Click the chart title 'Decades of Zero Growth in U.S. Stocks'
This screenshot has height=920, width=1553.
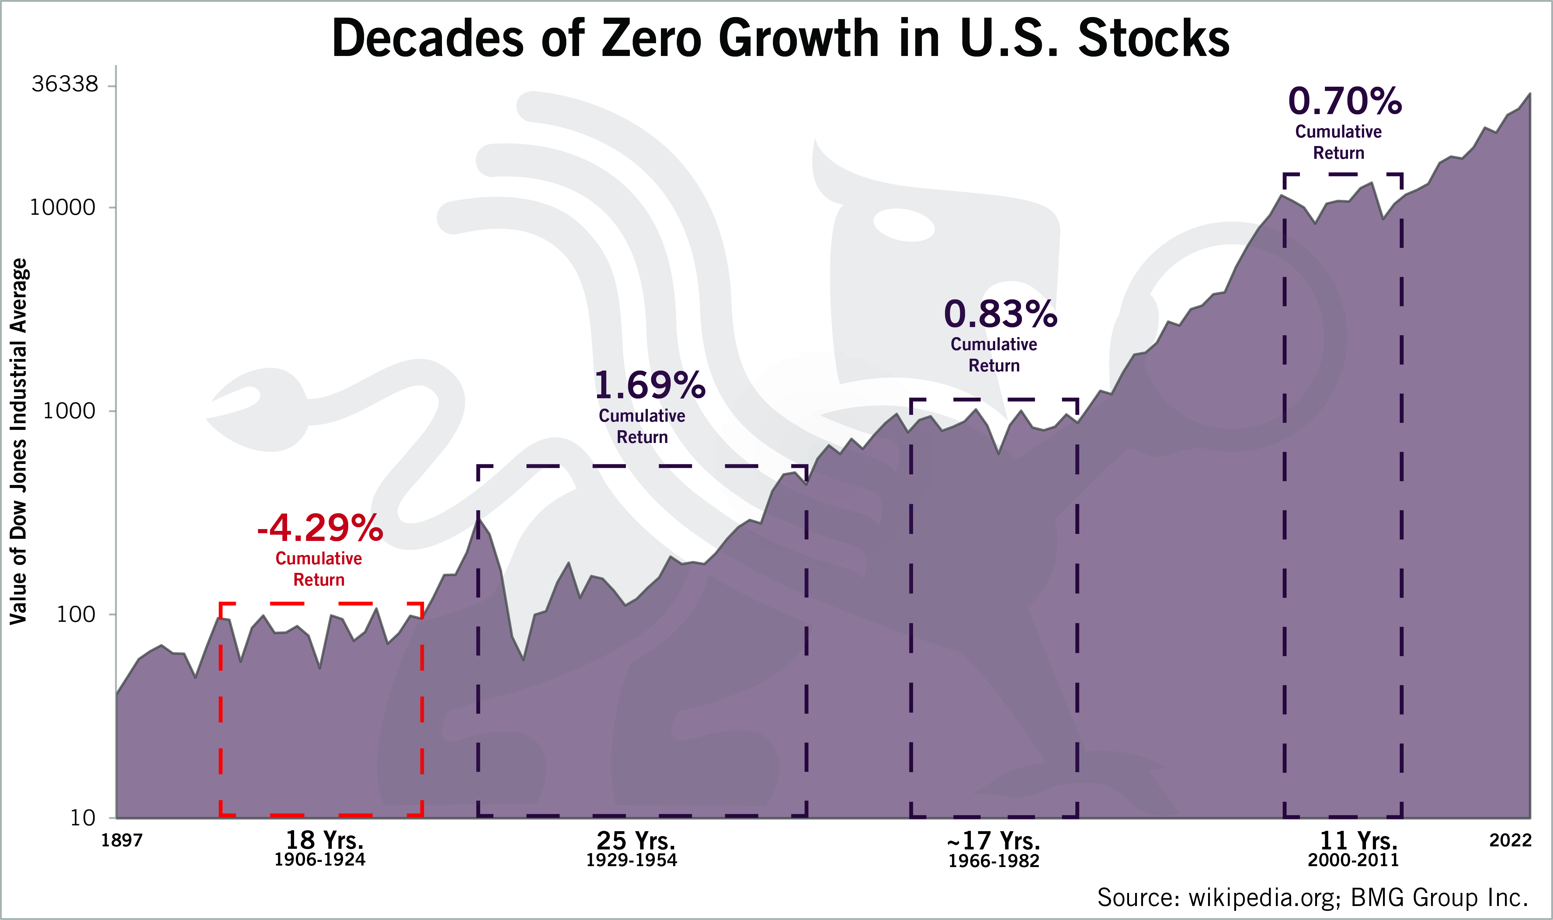[x=780, y=38]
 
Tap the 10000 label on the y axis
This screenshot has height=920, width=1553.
[x=63, y=208]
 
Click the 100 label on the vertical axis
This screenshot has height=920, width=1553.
[x=76, y=614]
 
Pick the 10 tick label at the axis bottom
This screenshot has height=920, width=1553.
[x=82, y=818]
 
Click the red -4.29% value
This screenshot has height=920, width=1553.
[x=320, y=528]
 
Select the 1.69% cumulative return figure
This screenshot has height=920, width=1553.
[x=649, y=385]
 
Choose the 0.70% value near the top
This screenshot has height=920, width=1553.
[x=1345, y=102]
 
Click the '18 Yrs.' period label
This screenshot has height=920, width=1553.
[x=324, y=841]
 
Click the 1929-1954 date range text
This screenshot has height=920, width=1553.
[x=631, y=860]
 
